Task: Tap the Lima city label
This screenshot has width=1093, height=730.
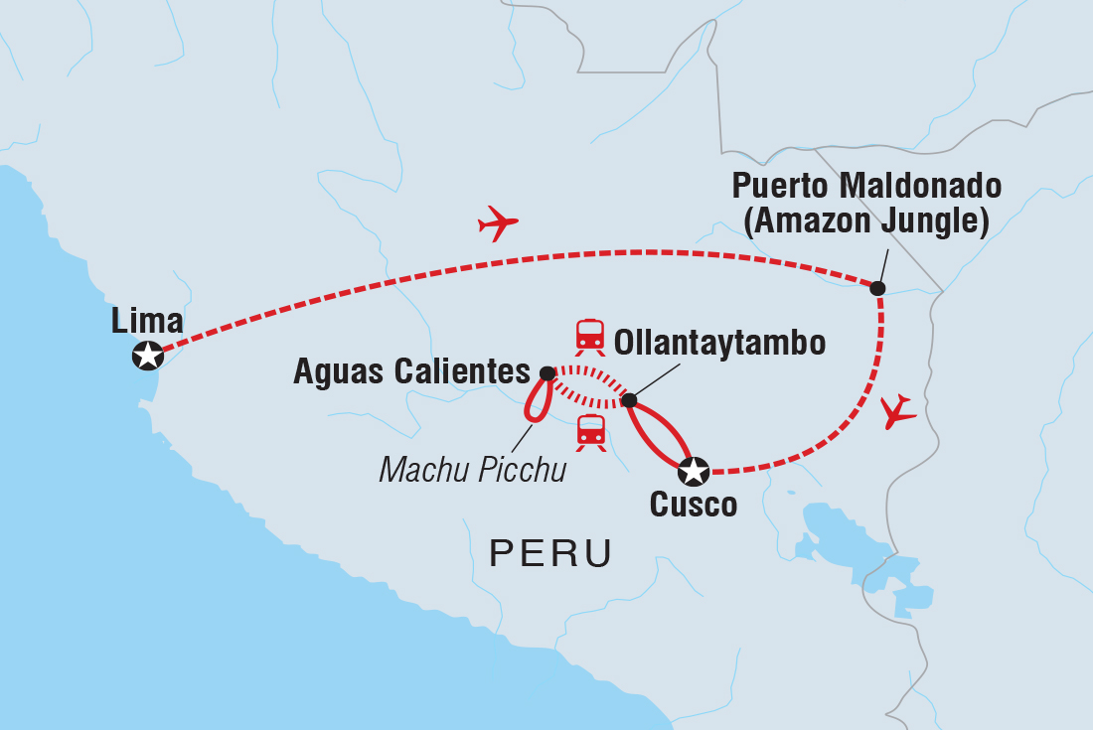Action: (147, 321)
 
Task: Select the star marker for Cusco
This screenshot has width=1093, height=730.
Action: (694, 469)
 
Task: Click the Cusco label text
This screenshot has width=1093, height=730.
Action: (693, 505)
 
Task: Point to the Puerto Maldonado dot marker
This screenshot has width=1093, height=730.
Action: (877, 288)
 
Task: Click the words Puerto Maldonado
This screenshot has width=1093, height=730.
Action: (866, 186)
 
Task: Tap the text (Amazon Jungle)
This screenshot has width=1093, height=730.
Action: (866, 222)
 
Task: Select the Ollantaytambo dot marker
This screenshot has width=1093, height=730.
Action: (628, 400)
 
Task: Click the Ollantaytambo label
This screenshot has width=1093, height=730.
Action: (720, 344)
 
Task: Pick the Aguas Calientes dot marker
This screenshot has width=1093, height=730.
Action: (546, 373)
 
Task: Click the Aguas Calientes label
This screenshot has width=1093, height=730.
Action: (411, 372)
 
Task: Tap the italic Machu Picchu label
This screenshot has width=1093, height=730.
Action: (472, 469)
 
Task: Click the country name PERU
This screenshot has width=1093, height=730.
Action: (549, 553)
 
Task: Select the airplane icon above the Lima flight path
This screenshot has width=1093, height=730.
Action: (498, 223)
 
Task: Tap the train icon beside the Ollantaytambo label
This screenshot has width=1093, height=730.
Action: (590, 336)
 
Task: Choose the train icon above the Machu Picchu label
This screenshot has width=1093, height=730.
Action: (590, 432)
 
